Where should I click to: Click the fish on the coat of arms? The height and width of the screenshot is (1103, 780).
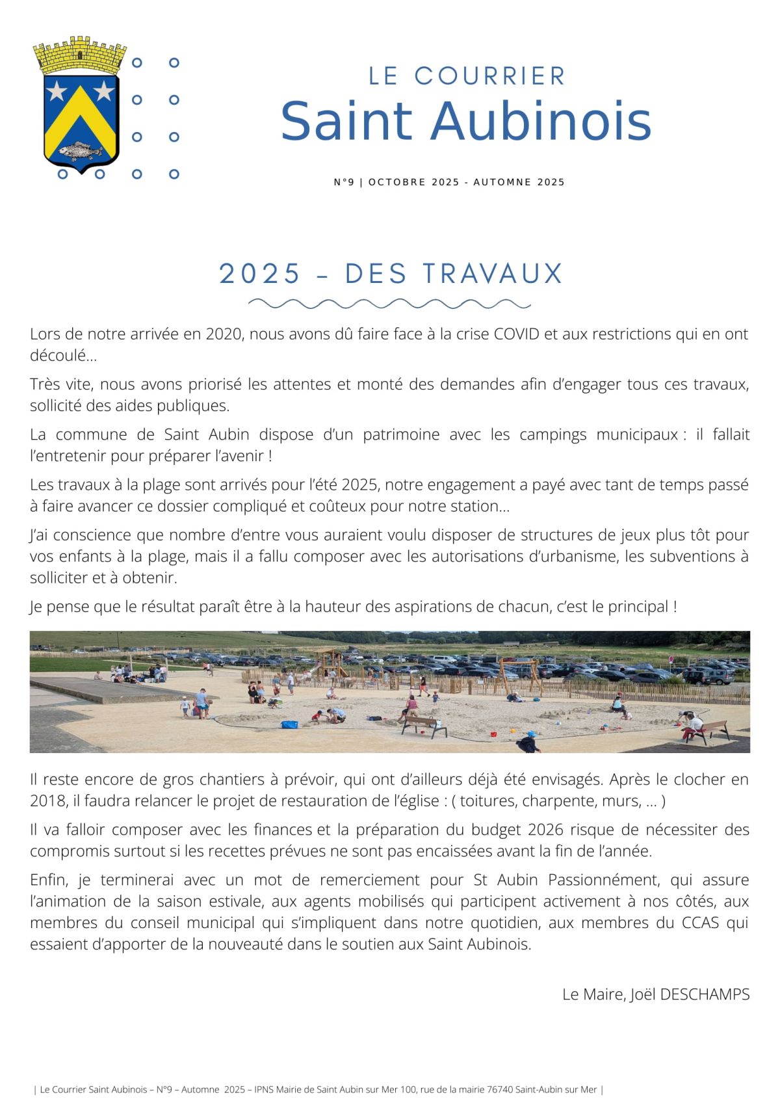pos(80,152)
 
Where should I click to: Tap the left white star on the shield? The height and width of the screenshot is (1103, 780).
pos(57,90)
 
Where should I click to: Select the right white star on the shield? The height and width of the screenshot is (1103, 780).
pos(103,90)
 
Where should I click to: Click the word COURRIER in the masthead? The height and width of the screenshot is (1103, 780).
pos(490,76)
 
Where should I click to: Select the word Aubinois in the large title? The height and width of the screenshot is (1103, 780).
pos(541,122)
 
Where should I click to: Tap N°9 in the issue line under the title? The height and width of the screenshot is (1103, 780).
pos(344,182)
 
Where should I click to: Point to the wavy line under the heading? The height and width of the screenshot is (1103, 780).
pos(389,304)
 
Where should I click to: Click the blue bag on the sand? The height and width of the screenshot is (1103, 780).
pos(289,724)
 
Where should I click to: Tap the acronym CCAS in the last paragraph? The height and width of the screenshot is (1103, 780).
pos(700,923)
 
